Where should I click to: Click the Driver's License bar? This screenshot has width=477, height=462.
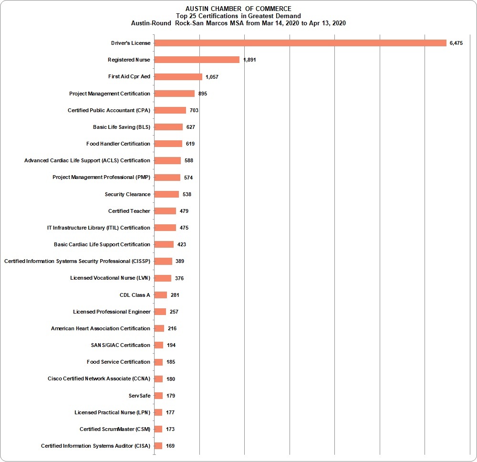300,43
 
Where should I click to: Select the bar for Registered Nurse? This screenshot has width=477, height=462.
197,60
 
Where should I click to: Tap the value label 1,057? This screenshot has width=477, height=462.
212,77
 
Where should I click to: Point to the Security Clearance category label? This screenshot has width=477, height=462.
127,194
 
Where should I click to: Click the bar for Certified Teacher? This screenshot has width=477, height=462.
165,211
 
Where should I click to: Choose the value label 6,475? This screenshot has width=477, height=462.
456,43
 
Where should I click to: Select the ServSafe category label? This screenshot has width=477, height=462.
139,396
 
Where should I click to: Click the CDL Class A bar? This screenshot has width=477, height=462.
161,295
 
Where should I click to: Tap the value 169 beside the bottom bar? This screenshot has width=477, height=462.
170,446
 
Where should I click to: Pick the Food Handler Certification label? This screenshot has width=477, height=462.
118,144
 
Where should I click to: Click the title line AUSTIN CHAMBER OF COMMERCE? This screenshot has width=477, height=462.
238,9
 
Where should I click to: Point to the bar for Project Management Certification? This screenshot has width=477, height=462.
175,94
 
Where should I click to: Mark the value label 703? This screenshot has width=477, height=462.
194,110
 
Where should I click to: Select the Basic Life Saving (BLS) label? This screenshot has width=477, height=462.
122,127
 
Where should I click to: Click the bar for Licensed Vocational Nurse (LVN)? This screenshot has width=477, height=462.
163,278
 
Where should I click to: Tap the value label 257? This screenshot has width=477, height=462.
174,312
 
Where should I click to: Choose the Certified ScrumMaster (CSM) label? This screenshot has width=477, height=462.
115,429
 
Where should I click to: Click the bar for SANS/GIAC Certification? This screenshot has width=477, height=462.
159,345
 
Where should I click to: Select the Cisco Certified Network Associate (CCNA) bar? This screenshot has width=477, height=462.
158,378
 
